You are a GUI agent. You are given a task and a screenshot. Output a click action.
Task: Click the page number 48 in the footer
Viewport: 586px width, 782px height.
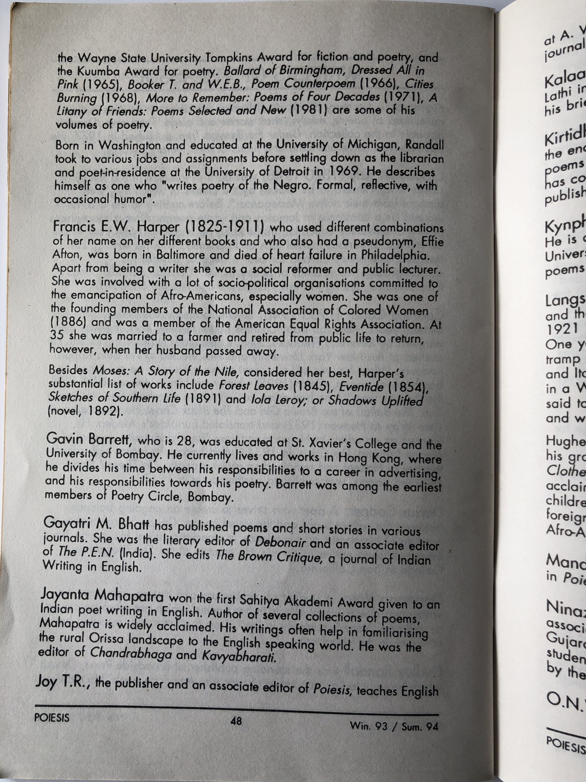[236, 720]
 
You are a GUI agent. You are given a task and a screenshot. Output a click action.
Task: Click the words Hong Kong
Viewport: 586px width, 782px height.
[369, 458]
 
